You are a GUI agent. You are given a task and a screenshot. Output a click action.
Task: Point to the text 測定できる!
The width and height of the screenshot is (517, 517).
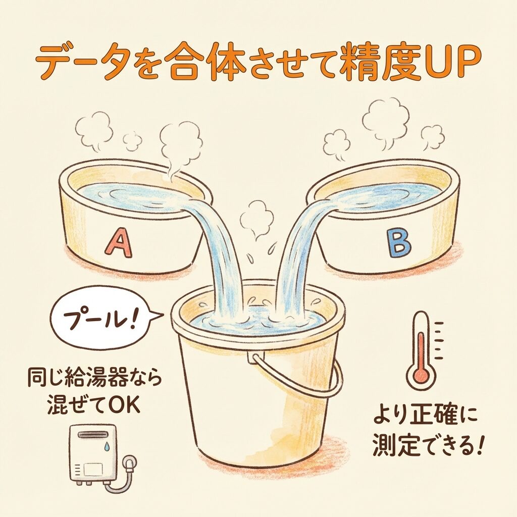(x=428, y=446)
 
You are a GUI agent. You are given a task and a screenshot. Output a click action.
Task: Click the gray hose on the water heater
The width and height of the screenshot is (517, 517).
(x=119, y=475)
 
